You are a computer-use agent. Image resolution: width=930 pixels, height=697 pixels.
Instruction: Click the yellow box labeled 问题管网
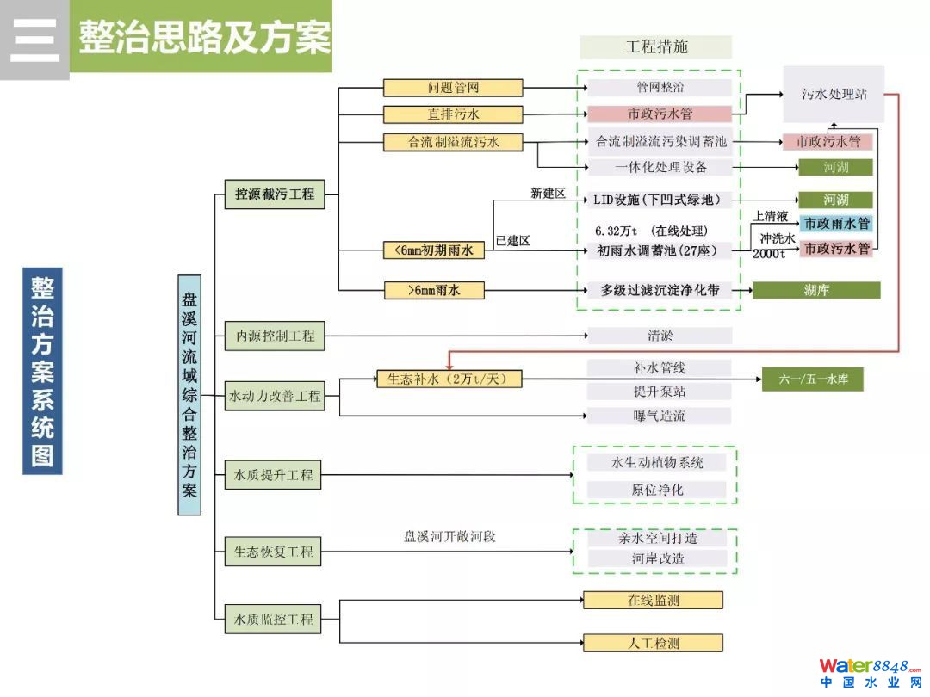453,88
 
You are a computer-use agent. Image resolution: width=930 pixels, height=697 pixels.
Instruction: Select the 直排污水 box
453,114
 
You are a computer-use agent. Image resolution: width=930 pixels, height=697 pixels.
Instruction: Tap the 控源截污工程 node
276,194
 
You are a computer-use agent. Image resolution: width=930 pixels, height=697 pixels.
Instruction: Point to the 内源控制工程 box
276,336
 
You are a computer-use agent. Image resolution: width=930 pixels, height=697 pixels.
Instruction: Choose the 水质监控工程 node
276,619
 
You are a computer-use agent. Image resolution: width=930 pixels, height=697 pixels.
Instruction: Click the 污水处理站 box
833,95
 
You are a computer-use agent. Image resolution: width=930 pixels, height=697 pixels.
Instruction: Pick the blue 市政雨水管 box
835,224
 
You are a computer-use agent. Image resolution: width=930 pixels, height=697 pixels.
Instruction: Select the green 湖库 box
816,291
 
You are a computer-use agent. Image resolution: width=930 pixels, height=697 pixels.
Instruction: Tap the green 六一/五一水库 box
812,379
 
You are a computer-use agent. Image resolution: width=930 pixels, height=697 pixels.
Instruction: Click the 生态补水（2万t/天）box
449,379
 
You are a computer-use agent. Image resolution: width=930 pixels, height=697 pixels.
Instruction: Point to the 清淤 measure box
660,336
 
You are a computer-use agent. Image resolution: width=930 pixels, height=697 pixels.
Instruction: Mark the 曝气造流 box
660,416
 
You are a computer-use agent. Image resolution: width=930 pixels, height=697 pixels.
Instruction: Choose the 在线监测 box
653,600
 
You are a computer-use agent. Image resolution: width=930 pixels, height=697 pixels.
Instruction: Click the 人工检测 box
653,643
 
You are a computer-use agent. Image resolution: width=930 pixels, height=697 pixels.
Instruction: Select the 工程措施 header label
656,47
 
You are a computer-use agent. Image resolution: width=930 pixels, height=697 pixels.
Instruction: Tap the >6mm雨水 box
434,291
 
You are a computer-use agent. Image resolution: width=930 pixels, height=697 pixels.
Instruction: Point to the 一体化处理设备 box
660,167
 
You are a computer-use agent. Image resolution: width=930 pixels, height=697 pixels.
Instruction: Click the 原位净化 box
656,490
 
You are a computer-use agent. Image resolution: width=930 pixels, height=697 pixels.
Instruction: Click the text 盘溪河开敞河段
450,537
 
